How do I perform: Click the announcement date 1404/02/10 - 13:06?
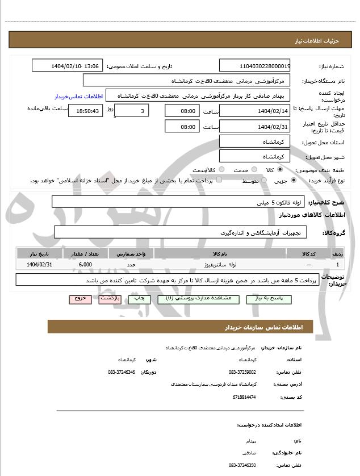coord(68,66)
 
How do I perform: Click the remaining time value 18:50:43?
coord(86,111)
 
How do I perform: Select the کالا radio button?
coord(279,170)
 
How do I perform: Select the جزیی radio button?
coord(293,181)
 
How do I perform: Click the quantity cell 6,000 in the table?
coord(86,265)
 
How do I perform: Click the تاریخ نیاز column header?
coord(40,254)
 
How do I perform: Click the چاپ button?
coord(139,298)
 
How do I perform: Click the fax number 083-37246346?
coord(121,372)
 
